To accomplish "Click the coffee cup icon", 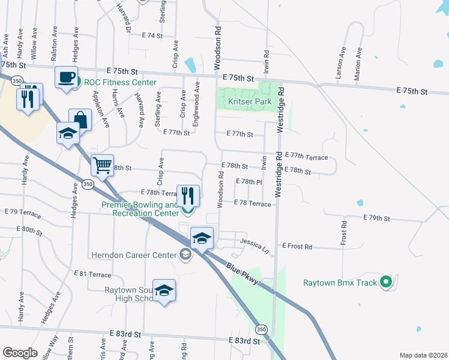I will (67, 77).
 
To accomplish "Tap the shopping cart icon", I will (102, 164).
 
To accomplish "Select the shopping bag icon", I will (80, 119).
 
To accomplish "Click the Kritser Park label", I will (250, 101).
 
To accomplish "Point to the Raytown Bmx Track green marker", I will (386, 282).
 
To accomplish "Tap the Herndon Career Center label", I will (134, 255).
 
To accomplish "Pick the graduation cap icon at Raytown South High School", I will (164, 291).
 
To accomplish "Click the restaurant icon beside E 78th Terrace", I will (188, 194).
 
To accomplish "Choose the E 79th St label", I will (376, 218).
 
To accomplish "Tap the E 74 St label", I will (152, 36).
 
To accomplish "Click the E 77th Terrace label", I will (306, 157).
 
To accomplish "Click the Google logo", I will (20, 353).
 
